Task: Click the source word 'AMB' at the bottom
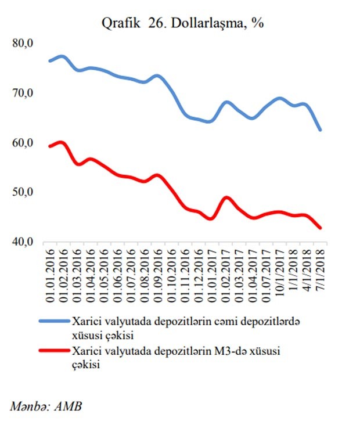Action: coord(69,405)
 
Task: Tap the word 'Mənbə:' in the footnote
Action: coord(28,405)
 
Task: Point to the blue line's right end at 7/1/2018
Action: coord(320,129)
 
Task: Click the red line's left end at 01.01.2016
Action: coord(49,146)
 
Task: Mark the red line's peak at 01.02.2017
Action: coord(227,198)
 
